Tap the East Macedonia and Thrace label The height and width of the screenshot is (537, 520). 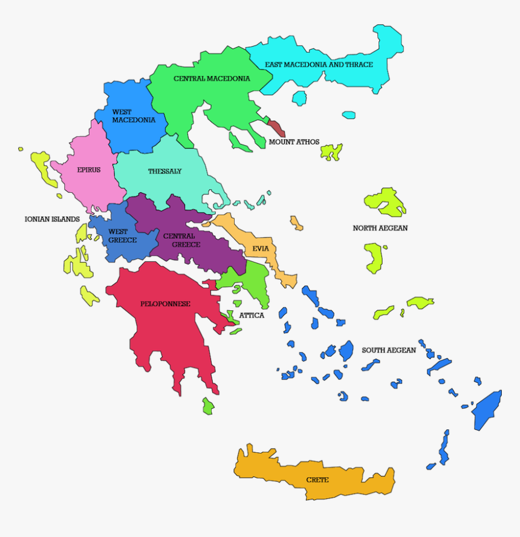(319, 64)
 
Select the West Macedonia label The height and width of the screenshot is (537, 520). (134, 116)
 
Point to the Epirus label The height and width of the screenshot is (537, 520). (89, 170)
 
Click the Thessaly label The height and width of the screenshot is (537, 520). (164, 172)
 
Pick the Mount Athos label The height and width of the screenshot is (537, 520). (294, 142)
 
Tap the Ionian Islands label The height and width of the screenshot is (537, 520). (52, 219)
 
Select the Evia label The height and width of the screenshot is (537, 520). (261, 249)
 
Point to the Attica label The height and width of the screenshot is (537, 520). (252, 316)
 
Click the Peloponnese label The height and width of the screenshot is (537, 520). (165, 304)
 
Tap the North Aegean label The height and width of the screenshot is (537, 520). (380, 228)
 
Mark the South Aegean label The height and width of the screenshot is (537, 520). (389, 350)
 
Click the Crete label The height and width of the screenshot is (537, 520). (317, 480)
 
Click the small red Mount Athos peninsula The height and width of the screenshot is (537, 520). (276, 128)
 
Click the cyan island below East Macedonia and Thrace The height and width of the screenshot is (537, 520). (299, 98)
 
